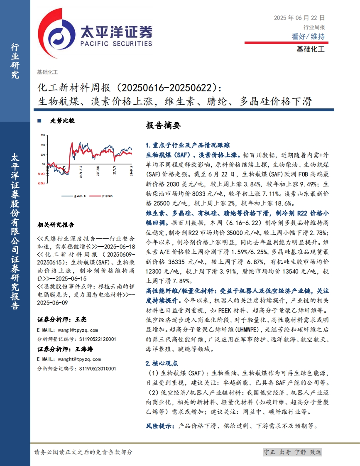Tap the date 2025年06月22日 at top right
pyautogui.click(x=299, y=18)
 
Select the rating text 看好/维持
pyautogui.click(x=308, y=37)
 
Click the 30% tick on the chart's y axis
pyautogui.click(x=43, y=135)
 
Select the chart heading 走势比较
pyautogui.click(x=62, y=121)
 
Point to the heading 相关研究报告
pyautogui.click(x=56, y=225)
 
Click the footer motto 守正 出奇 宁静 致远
pyautogui.click(x=293, y=452)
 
